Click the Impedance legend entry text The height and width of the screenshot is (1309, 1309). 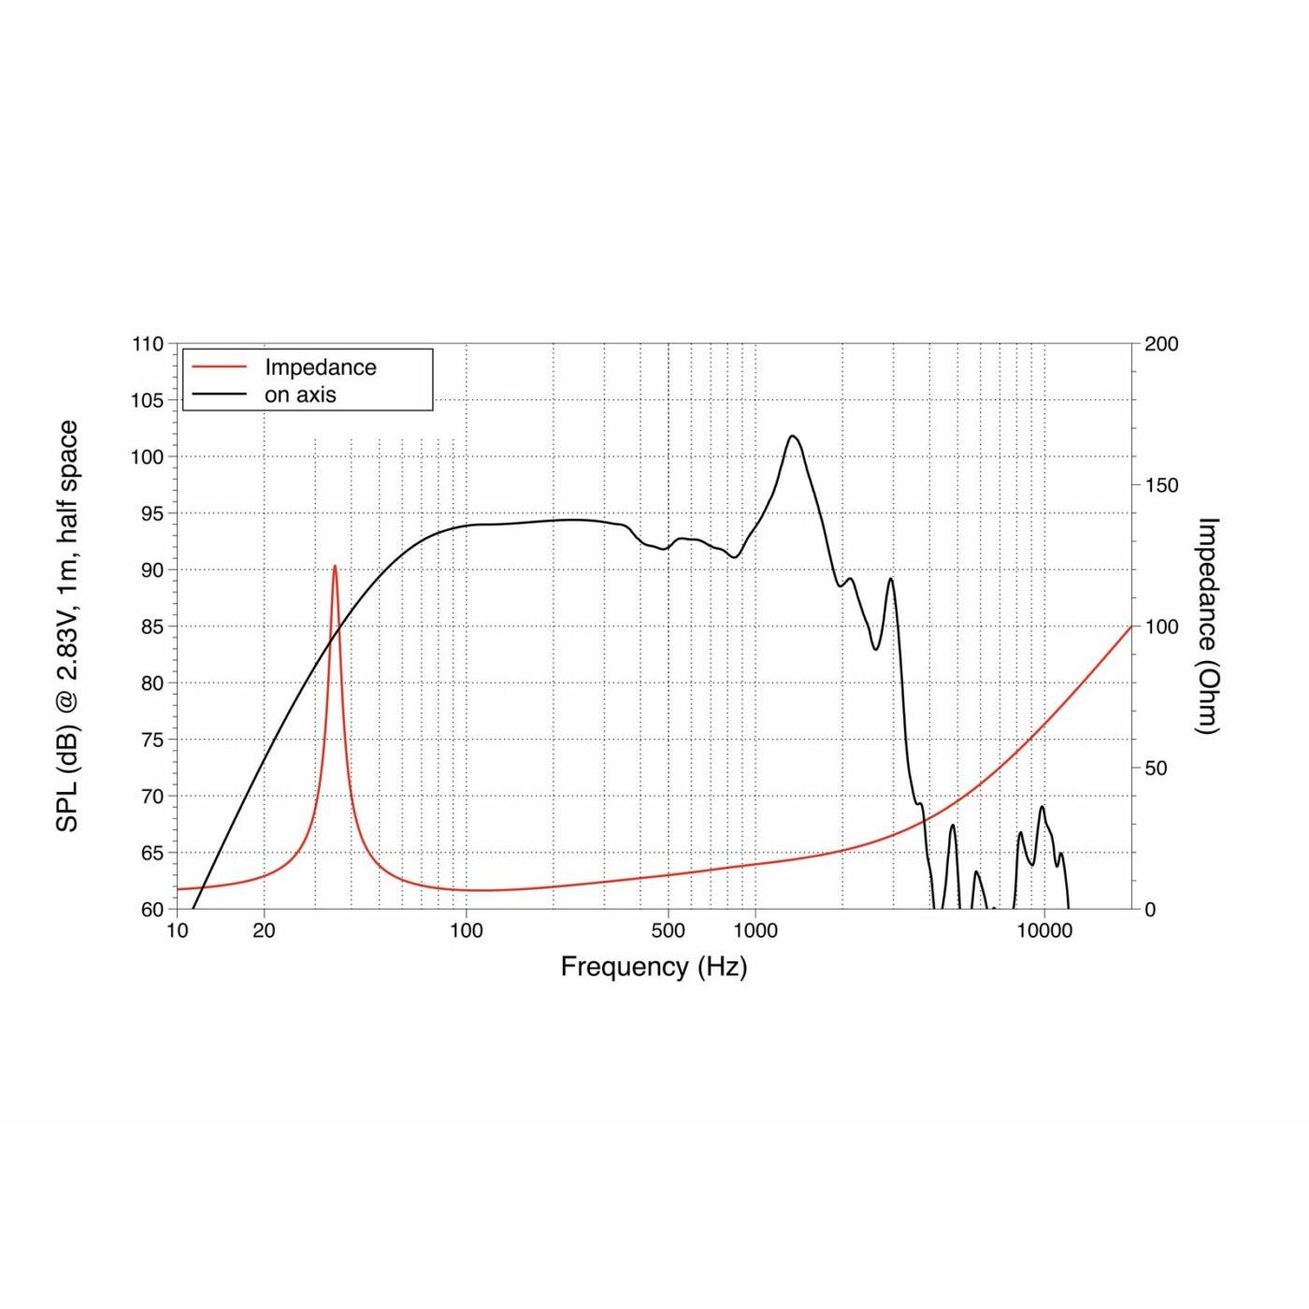point(320,367)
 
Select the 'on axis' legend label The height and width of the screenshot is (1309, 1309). point(300,395)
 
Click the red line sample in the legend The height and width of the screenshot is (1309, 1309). point(219,367)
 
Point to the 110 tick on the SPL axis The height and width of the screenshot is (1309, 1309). point(148,344)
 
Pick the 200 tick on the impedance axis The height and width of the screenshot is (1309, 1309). point(1161,344)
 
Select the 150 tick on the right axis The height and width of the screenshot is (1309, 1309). point(1161,485)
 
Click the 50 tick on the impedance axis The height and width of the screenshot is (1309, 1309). point(1156,768)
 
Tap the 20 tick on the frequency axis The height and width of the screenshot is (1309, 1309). point(265,930)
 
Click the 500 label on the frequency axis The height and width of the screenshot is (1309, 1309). point(668,930)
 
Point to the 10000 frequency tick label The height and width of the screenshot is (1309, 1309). point(1043,930)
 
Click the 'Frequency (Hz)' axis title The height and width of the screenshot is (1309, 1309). point(654,967)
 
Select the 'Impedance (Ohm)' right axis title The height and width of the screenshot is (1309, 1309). point(1209,626)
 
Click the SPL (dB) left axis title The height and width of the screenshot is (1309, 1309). point(67,626)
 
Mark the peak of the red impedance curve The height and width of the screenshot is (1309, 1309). point(335,566)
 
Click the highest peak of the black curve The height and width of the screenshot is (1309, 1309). point(793,436)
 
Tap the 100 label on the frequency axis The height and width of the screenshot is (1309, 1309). point(466,930)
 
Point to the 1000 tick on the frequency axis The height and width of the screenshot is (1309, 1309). point(755,930)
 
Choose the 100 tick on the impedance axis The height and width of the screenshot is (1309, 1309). point(1161,626)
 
